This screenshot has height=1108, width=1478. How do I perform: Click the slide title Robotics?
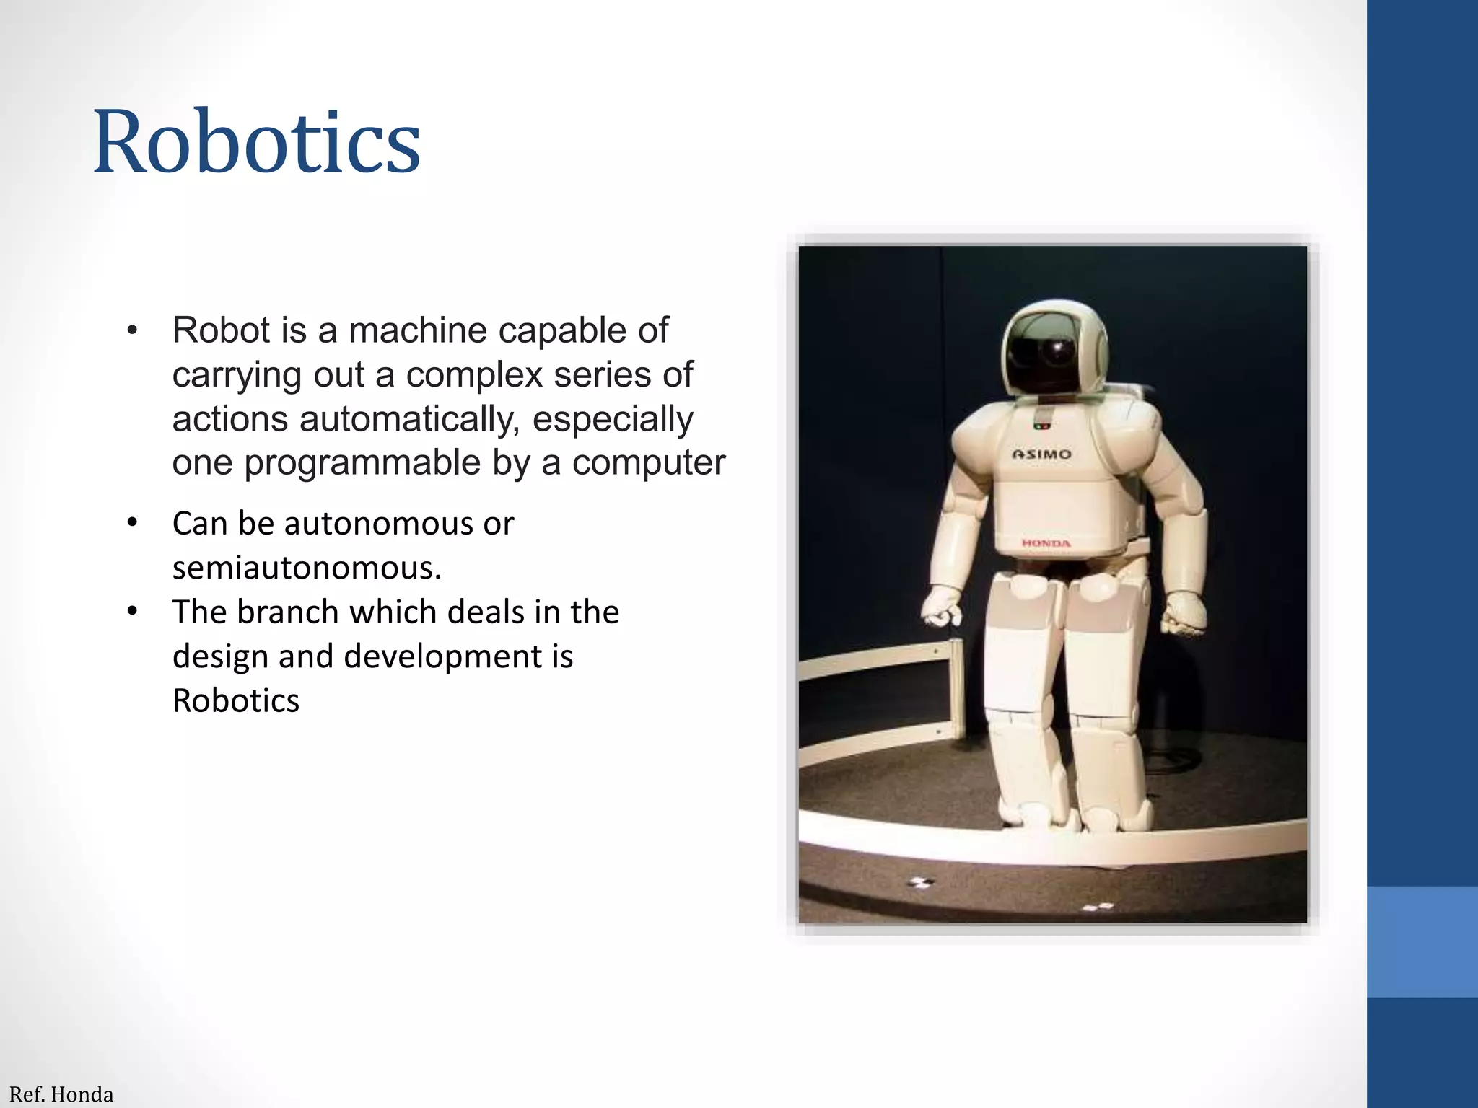(x=256, y=141)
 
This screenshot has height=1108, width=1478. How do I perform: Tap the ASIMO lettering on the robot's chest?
(x=1041, y=454)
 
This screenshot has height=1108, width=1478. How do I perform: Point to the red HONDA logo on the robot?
(x=1046, y=543)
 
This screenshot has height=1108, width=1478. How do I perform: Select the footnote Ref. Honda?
(x=61, y=1094)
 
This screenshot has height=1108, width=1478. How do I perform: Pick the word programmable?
(x=362, y=462)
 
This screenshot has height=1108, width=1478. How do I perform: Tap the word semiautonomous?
(x=307, y=568)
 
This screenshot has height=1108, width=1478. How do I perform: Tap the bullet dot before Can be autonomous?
(x=131, y=522)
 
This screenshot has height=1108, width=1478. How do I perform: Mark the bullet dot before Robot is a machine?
(x=131, y=331)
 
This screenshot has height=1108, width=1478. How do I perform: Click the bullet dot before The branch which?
(x=131, y=611)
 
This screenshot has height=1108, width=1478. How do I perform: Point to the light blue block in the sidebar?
(x=1422, y=941)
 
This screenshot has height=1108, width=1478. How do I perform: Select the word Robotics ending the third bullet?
(x=236, y=700)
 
